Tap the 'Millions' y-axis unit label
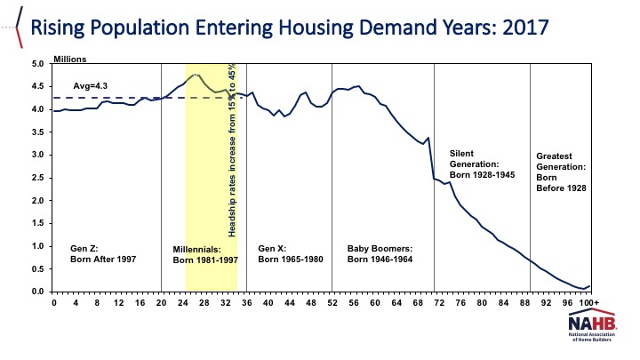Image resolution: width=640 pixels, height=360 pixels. pyautogui.click(x=72, y=59)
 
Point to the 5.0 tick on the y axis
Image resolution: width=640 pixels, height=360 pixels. pyautogui.click(x=36, y=64)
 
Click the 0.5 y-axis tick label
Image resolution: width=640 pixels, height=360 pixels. pyautogui.click(x=36, y=269)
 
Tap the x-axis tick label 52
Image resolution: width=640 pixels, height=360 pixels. pyautogui.click(x=332, y=304)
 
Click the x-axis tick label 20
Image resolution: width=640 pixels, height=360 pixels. pyautogui.click(x=161, y=304)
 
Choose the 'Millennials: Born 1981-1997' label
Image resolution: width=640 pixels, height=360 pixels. pyautogui.click(x=204, y=254)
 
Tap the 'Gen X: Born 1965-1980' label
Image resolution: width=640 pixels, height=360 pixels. pyautogui.click(x=291, y=254)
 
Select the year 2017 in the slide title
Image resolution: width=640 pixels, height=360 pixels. pyautogui.click(x=520, y=28)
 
